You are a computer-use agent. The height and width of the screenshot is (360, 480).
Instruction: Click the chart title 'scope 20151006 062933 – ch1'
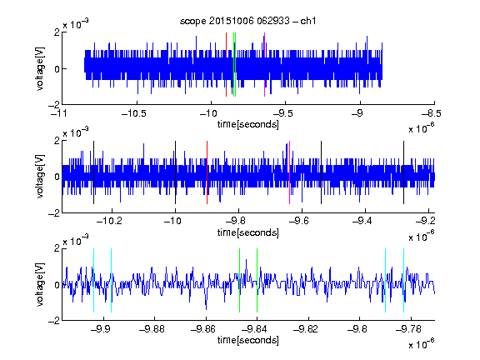click(x=247, y=21)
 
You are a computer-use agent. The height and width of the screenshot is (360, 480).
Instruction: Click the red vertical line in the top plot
click(x=226, y=65)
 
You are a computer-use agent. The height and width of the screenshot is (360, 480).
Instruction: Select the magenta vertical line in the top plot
click(x=264, y=65)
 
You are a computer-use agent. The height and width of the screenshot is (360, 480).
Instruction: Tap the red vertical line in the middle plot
click(x=207, y=172)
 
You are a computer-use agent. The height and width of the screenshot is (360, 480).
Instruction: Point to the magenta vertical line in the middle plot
click(x=290, y=172)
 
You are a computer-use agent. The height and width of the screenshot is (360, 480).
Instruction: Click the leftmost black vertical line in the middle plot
click(x=93, y=172)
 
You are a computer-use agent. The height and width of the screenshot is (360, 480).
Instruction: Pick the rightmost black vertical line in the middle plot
click(x=403, y=172)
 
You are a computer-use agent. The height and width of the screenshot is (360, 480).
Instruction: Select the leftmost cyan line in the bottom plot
click(x=93, y=280)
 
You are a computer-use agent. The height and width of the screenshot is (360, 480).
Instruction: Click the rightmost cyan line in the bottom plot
click(x=403, y=280)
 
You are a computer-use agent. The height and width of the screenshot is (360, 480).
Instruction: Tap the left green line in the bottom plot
click(x=239, y=280)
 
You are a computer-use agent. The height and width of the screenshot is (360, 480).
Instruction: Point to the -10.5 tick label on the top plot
click(x=134, y=113)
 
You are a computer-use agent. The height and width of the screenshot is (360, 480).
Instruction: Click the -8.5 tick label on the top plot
click(x=432, y=113)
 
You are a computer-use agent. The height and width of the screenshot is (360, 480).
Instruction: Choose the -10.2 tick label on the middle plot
click(x=109, y=221)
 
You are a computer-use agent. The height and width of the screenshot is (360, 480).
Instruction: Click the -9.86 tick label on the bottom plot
click(x=203, y=329)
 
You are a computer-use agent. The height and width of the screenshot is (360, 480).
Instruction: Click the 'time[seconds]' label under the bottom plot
click(x=248, y=340)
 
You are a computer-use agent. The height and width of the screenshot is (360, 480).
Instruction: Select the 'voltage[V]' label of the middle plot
click(x=40, y=177)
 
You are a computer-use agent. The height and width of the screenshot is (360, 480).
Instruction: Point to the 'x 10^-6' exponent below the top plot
click(x=422, y=128)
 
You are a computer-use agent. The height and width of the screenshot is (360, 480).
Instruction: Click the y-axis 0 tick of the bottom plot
click(x=57, y=285)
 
